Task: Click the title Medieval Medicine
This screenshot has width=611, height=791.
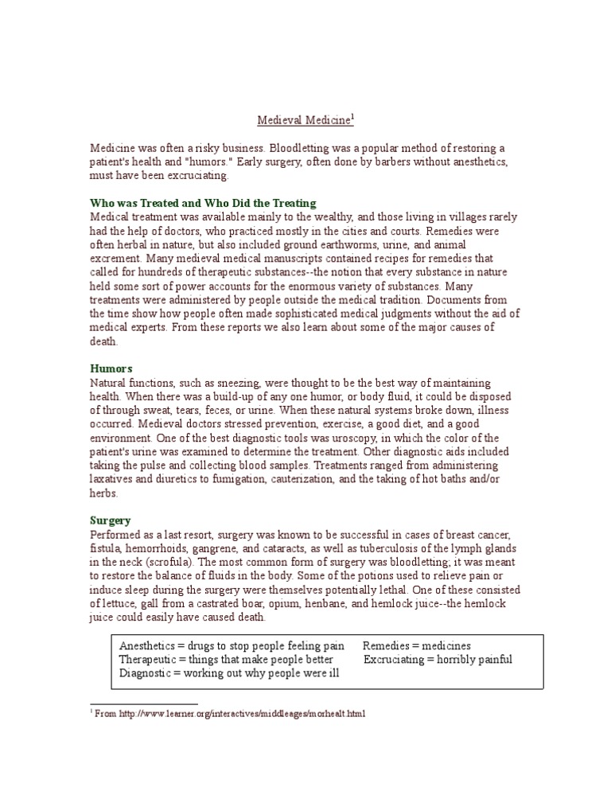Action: pyautogui.click(x=304, y=121)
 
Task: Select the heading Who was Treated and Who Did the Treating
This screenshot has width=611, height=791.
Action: pyautogui.click(x=203, y=203)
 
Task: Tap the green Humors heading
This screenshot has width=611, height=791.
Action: pyautogui.click(x=111, y=368)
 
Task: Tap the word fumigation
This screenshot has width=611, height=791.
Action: pyautogui.click(x=268, y=479)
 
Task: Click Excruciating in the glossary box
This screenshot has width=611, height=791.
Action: pyautogui.click(x=395, y=659)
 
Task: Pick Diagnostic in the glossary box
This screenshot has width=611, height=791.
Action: pyautogui.click(x=145, y=672)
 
